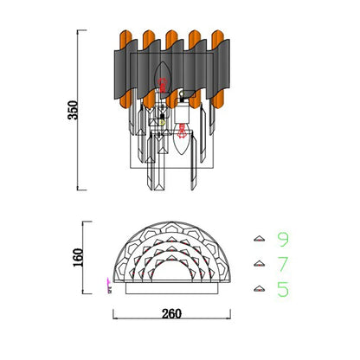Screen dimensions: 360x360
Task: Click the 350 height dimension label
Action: (73, 110)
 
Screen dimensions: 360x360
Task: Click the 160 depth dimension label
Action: (78, 257)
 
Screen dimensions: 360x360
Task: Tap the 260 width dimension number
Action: (171, 314)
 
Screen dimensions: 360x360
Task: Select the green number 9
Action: (283, 240)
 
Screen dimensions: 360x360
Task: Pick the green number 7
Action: (283, 264)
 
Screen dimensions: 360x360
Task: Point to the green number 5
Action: (283, 289)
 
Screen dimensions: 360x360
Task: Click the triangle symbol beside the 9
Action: (260, 239)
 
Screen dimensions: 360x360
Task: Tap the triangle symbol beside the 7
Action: (260, 264)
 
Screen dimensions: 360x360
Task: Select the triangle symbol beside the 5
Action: (260, 288)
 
